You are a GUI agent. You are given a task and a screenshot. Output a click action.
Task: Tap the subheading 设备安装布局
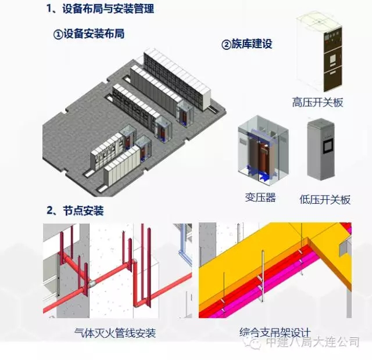click(94, 34)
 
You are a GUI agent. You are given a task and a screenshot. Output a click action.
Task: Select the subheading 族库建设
click(252, 44)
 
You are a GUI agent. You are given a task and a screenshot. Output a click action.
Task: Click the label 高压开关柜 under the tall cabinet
click(317, 103)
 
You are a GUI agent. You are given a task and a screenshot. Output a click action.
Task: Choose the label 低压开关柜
click(325, 199)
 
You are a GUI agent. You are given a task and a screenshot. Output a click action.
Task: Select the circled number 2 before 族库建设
click(227, 44)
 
